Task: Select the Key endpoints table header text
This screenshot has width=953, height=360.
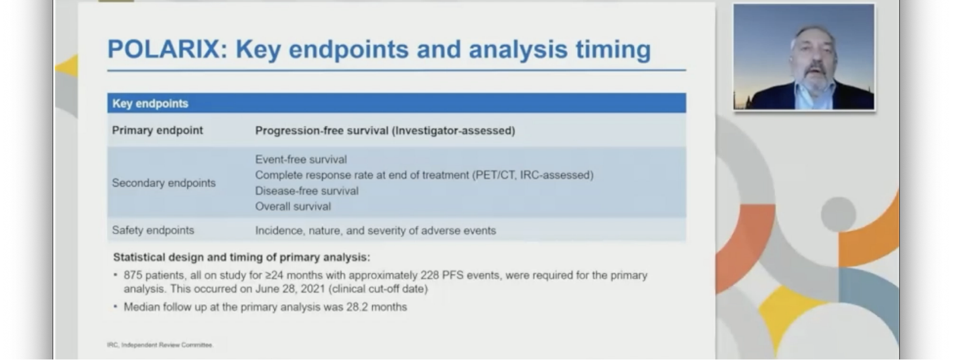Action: (x=150, y=103)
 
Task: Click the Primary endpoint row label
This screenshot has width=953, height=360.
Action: (x=158, y=130)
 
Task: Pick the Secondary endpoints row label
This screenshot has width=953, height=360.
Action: (x=164, y=183)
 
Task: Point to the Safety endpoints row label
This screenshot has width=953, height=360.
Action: (x=153, y=230)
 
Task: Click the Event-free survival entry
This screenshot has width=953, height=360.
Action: (x=301, y=159)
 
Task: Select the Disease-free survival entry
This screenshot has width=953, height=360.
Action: (x=307, y=191)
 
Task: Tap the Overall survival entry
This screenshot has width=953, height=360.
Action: (x=293, y=206)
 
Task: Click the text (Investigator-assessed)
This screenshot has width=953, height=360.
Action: (x=455, y=131)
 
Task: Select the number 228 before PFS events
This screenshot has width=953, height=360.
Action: (x=430, y=276)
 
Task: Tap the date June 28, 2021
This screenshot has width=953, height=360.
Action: (x=290, y=289)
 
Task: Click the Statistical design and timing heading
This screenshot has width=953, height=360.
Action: (x=241, y=258)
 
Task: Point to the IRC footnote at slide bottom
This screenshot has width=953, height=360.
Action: (x=160, y=345)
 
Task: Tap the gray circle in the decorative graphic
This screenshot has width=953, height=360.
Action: (x=838, y=214)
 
